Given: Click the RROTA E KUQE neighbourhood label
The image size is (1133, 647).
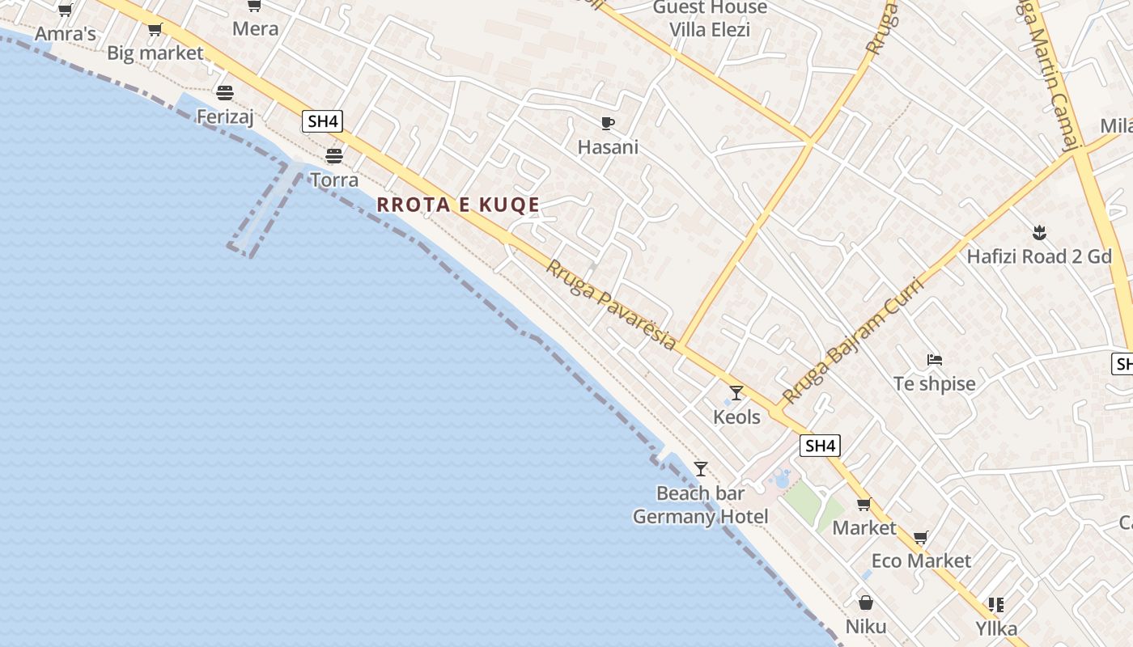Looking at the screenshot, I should point(458,205).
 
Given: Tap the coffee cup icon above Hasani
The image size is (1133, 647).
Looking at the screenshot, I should point(608,124).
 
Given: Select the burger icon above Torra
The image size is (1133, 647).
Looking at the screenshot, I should point(334,155).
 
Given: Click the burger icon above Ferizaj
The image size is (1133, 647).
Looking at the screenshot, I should point(225,93).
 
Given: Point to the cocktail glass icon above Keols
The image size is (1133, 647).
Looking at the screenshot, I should point(736,393).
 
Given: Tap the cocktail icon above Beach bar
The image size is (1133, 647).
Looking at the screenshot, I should point(701,469).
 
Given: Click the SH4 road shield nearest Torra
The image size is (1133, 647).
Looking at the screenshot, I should point(322,122).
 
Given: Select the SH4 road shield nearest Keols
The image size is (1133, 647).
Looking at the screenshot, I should point(820,446).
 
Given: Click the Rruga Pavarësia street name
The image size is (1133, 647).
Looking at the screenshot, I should point(611,304).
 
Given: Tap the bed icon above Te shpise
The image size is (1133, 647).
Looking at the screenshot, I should point(935,359).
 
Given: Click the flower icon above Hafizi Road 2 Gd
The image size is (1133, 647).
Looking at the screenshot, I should point(1040,234).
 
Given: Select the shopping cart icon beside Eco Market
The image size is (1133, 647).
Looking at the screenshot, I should point(920,537).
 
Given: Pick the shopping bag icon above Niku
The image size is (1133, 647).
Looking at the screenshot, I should point(866,603).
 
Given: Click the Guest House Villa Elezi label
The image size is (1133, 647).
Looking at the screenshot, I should point(710,19).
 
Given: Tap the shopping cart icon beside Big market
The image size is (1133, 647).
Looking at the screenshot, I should point(155,30).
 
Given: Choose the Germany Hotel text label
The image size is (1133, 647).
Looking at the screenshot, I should point(700,517).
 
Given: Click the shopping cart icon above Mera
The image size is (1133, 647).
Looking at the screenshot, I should point(254,6).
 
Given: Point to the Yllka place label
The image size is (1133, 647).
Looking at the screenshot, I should point(996,628).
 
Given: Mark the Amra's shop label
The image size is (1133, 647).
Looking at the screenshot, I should point(65,34).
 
